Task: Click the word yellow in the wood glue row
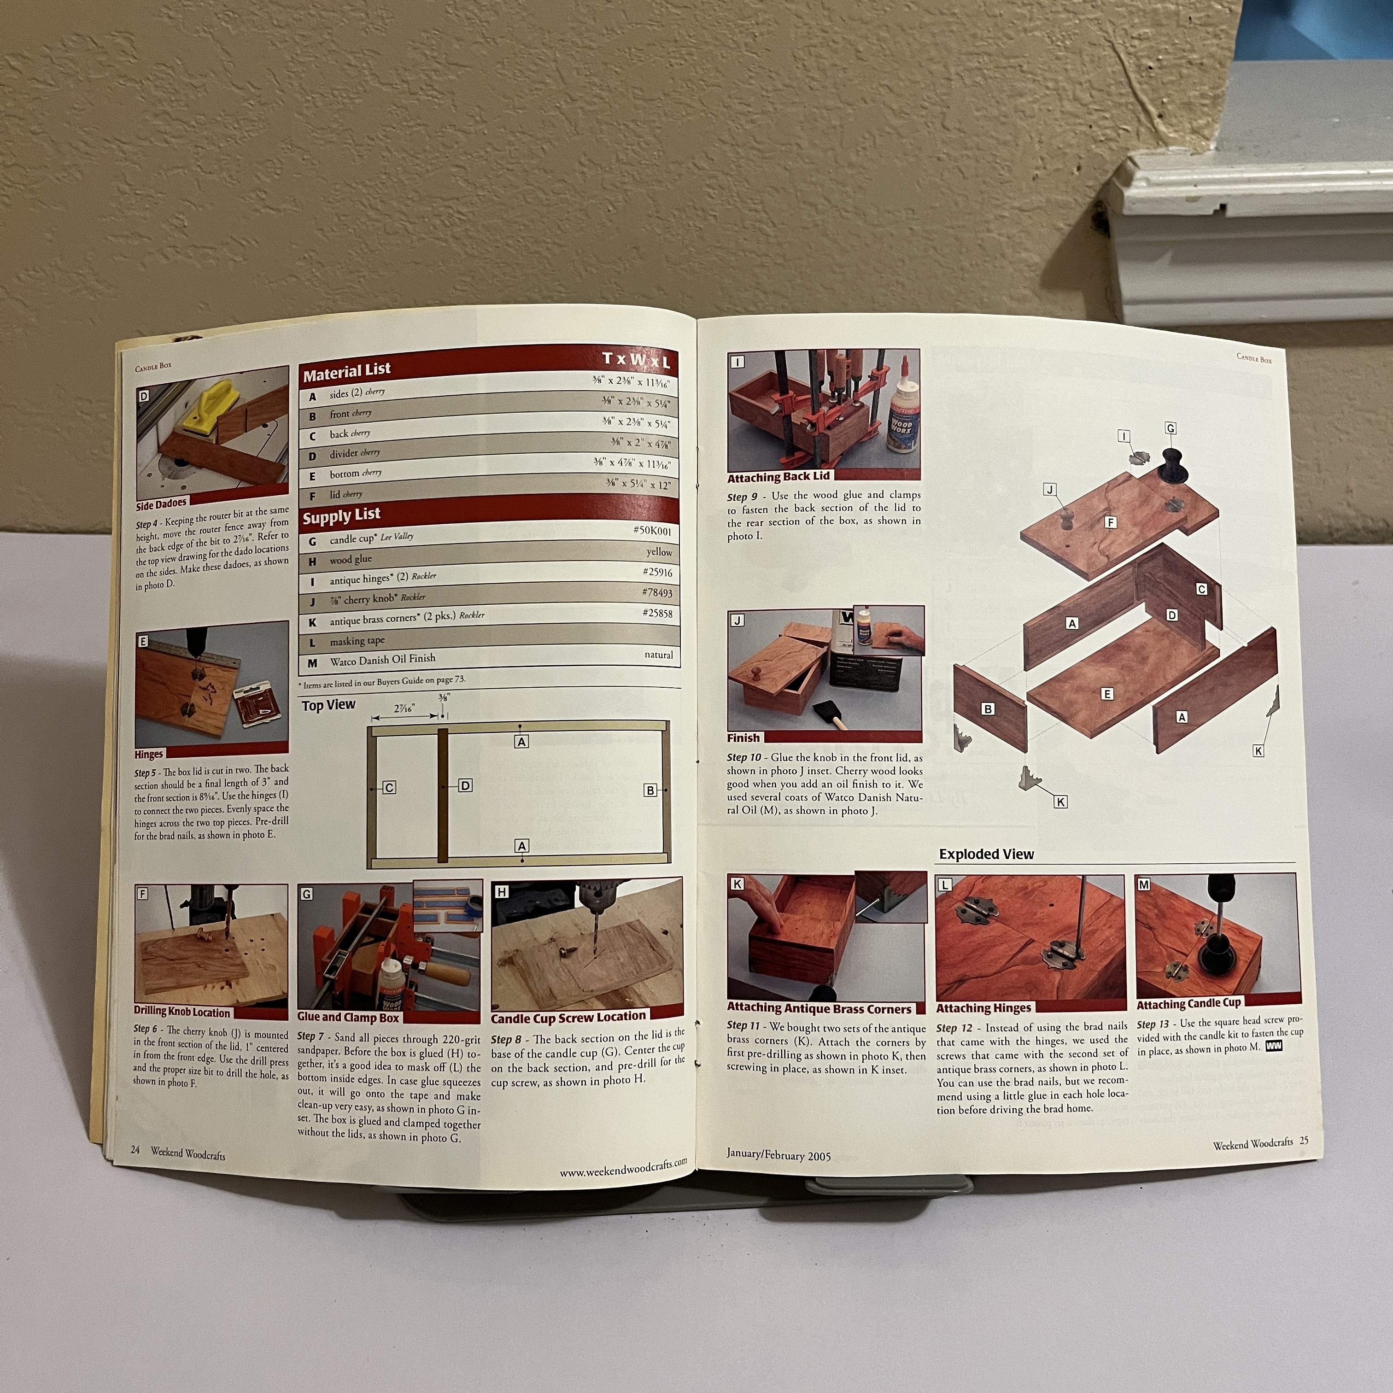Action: [x=659, y=552]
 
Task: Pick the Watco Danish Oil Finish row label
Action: [x=382, y=660]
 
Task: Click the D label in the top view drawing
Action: [x=466, y=785]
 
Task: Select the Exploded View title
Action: [x=986, y=855]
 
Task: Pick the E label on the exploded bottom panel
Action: [x=1107, y=694]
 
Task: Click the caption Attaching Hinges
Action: [x=983, y=1008]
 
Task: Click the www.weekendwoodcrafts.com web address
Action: [x=623, y=1167]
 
